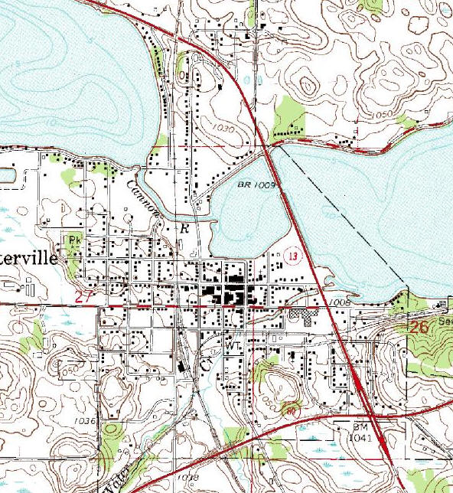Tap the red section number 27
84,296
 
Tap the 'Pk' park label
75,239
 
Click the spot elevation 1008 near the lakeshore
341,303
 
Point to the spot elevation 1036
85,421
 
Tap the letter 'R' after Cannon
183,228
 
